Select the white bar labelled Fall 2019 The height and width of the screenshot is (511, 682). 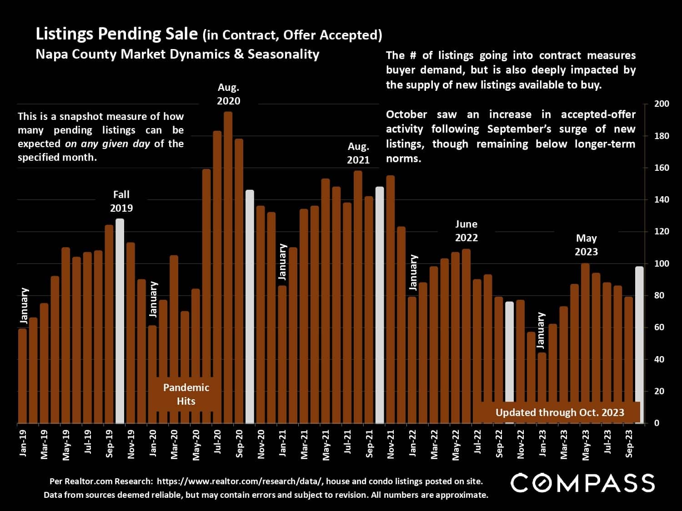pos(120,321)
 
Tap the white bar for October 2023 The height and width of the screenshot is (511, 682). pos(639,345)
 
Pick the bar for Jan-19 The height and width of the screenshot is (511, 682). pos(22,376)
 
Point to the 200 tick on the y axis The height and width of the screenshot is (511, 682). pos(662,104)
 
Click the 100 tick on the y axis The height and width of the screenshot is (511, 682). pos(662,263)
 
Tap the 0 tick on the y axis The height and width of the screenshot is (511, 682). pos(657,423)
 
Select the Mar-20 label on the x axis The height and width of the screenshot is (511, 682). pos(174,445)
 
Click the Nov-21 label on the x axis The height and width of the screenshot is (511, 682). pos(391,445)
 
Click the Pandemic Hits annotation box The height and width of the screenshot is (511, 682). pos(186,394)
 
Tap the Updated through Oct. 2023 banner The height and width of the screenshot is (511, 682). pos(560,412)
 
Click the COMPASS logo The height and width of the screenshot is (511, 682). pos(582,483)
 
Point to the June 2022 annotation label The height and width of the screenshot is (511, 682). pos(466,231)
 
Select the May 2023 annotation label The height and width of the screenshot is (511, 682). pos(586,245)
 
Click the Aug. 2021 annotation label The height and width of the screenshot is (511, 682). pos(358,153)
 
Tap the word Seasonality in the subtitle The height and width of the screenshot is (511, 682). pos(283,55)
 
